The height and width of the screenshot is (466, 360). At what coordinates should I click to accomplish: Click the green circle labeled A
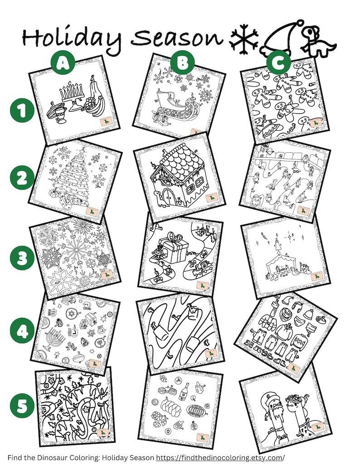click(63, 63)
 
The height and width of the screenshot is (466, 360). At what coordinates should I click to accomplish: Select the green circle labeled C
click(278, 63)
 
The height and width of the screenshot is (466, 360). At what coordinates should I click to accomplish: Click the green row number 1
click(22, 111)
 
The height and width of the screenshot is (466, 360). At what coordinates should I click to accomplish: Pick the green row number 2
click(22, 179)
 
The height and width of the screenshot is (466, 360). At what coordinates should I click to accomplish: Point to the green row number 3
click(22, 257)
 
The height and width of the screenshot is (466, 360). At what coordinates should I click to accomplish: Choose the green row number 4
click(22, 331)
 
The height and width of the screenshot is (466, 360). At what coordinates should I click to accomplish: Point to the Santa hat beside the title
click(282, 39)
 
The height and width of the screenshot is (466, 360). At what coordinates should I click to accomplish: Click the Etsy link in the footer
click(220, 457)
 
